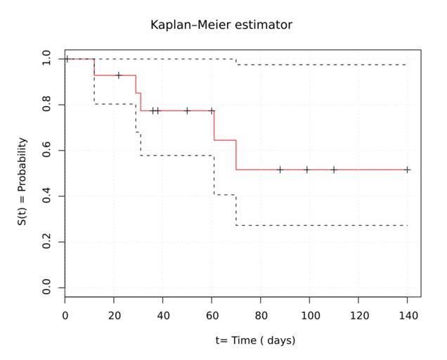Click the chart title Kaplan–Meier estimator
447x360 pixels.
tap(221, 25)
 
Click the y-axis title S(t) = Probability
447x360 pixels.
tap(23, 181)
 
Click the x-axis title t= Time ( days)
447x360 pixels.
tap(256, 340)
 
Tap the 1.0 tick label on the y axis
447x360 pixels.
tap(46, 59)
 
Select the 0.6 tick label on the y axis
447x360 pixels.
tap(46, 150)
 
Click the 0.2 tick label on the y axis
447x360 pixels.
tap(46, 242)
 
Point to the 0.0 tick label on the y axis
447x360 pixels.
tap(46, 288)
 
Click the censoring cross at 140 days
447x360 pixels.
tap(408, 169)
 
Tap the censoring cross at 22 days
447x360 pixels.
tap(119, 75)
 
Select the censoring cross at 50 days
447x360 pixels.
tap(187, 110)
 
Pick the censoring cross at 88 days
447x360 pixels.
tap(280, 169)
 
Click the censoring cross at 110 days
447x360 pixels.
tap(334, 169)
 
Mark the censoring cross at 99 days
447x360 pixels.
tap(307, 169)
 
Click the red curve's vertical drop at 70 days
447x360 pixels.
tap(236, 155)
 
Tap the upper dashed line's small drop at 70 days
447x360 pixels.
tap(236, 62)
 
